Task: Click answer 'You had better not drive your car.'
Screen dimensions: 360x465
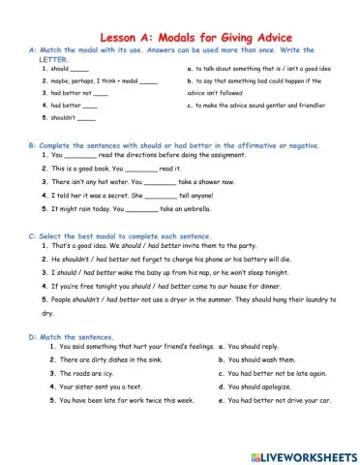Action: point(281,400)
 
